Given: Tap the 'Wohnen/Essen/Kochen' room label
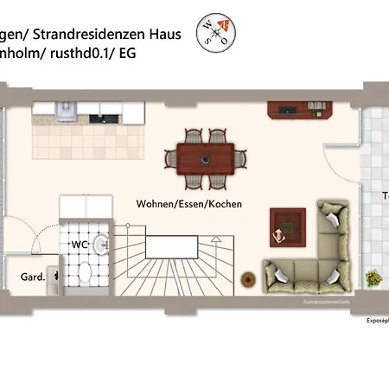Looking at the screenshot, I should (x=188, y=205).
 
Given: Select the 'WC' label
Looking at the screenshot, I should (x=80, y=245).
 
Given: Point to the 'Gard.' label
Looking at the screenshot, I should (x=33, y=277).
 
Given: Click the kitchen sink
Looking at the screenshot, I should (x=66, y=110).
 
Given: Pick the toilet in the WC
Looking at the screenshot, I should (x=84, y=274).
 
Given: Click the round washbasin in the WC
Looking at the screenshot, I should (x=100, y=244).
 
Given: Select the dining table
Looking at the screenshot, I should (x=205, y=159).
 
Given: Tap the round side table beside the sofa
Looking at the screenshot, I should (x=248, y=279).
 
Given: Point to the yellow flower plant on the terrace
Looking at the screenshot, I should (x=373, y=279).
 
